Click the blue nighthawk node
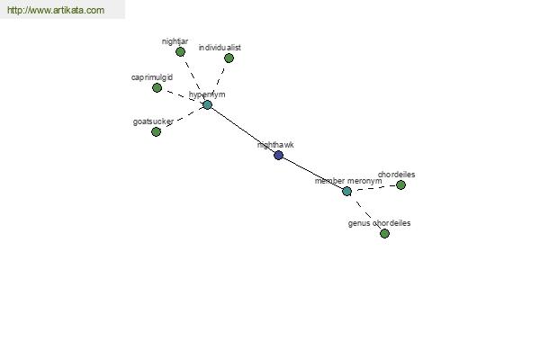[279, 155]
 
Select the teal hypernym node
[207, 104]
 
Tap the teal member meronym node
[347, 191]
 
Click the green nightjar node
[181, 52]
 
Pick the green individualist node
[229, 58]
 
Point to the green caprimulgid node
[157, 88]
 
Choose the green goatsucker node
[156, 131]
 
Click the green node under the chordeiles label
[400, 185]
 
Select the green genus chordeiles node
[384, 234]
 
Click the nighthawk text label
[275, 145]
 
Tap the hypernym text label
[207, 94]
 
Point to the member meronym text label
[348, 181]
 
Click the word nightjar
[175, 41]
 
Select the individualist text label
[220, 48]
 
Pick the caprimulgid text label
[152, 77]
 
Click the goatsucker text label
[153, 121]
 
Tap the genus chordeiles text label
[379, 223]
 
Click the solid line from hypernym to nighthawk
[243, 130]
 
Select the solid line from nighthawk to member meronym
[312, 173]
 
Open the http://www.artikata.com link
[56, 10]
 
